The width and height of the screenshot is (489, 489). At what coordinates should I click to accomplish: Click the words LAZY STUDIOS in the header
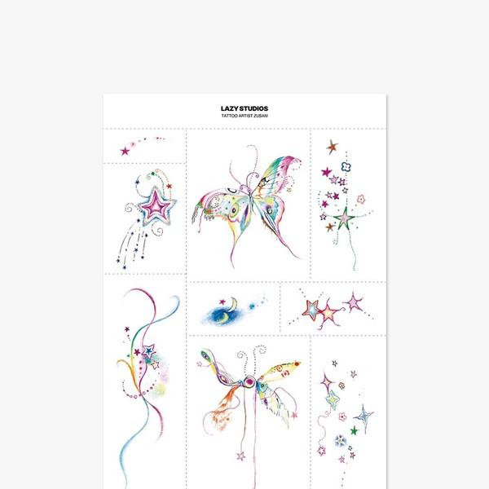click(x=244, y=108)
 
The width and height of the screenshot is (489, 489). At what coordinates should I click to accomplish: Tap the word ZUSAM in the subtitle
click(x=262, y=116)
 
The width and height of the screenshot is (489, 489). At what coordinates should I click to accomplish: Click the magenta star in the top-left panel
click(x=125, y=152)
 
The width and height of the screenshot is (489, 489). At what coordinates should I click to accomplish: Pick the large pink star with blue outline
click(x=156, y=206)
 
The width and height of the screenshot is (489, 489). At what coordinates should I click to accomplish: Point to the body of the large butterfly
click(x=250, y=200)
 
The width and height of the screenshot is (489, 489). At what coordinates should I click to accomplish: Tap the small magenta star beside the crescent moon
click(x=222, y=302)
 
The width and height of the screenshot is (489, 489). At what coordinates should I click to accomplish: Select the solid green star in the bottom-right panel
click(x=354, y=431)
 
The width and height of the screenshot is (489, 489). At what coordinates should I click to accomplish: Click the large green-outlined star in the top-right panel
click(x=344, y=218)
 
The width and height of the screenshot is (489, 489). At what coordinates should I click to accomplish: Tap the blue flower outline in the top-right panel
click(x=346, y=167)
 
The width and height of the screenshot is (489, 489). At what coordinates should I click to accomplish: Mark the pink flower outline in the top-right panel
click(x=361, y=199)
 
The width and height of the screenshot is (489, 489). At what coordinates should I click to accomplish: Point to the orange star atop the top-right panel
click(x=332, y=147)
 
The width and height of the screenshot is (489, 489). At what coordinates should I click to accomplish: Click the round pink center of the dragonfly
click(x=249, y=381)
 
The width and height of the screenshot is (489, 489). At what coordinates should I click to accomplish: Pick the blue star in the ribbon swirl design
click(x=149, y=350)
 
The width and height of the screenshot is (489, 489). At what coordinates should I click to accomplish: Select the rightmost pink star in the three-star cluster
click(x=354, y=302)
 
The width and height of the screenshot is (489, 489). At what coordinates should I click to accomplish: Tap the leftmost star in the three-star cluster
click(x=311, y=310)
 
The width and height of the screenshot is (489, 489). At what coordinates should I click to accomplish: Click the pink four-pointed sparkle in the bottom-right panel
click(x=327, y=382)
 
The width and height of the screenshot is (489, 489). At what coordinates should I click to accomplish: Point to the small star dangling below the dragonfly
click(x=240, y=456)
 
